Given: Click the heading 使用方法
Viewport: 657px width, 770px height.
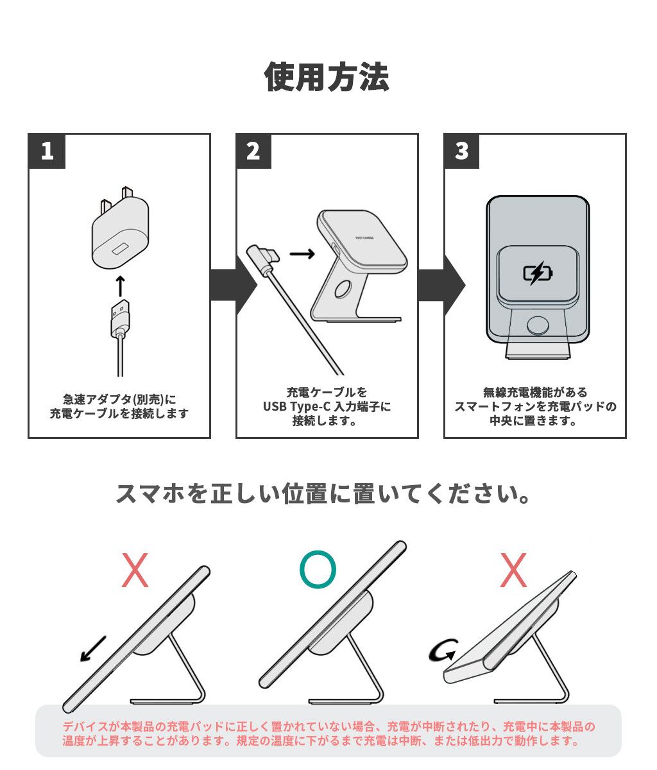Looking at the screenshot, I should (x=327, y=78).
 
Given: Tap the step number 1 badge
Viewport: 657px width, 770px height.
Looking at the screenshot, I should (x=47, y=151).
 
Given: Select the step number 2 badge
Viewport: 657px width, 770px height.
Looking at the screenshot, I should (x=254, y=151).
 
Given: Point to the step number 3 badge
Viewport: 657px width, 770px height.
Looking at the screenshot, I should (x=462, y=151).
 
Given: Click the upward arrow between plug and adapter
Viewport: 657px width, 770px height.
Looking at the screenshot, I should (x=120, y=285).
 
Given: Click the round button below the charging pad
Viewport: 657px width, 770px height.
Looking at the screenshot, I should (x=537, y=324).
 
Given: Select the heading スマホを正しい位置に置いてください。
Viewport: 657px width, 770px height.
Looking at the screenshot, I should (x=324, y=494).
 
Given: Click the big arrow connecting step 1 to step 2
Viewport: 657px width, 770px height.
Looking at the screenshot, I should (x=224, y=285).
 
